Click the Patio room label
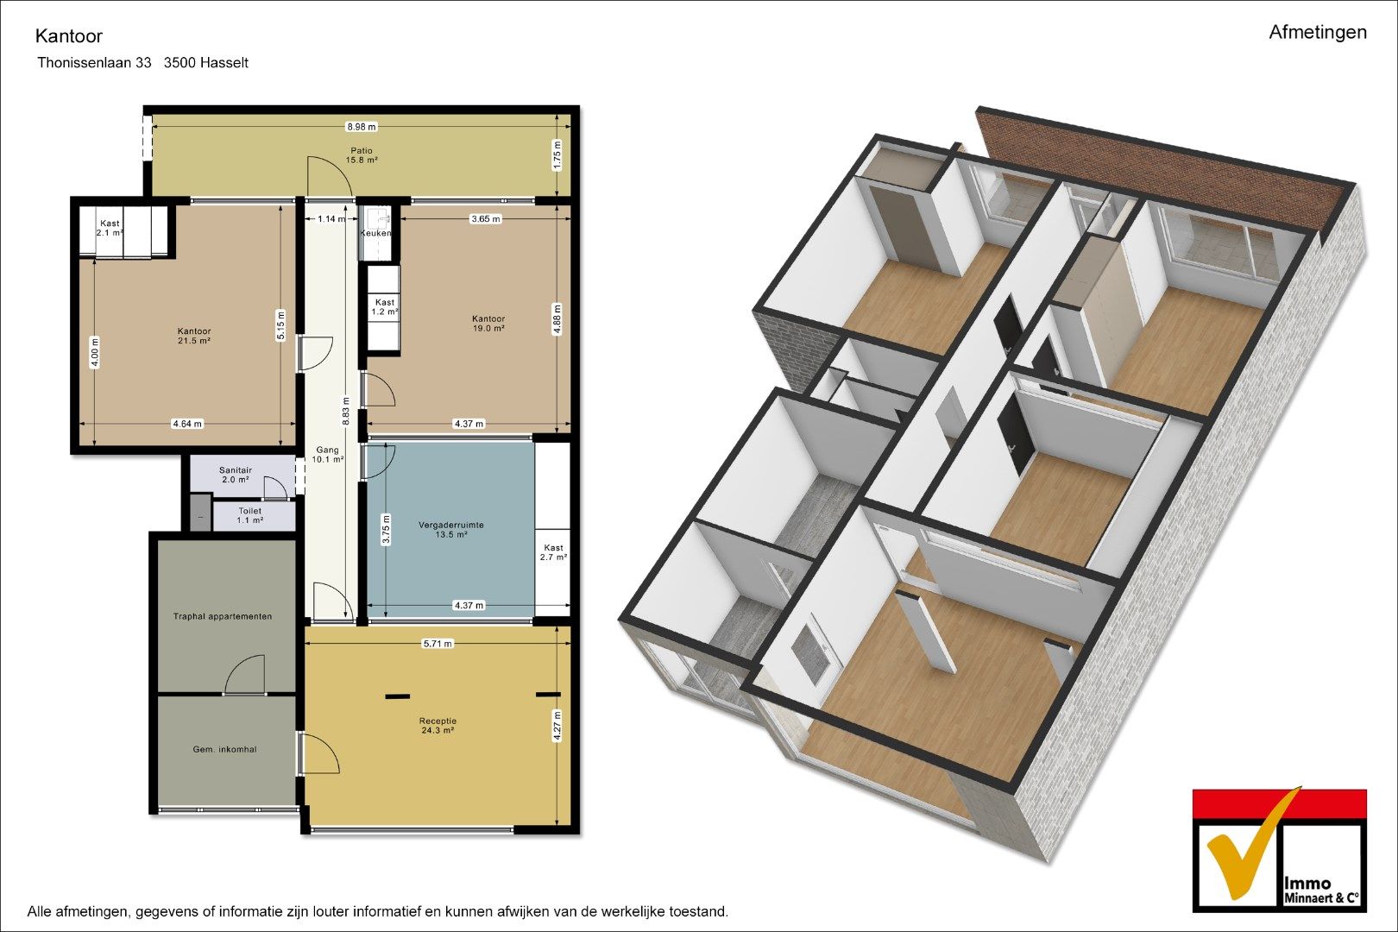[x=362, y=154]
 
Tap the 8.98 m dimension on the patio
[x=362, y=127]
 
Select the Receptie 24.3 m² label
[x=438, y=726]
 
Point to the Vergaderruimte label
[x=450, y=529]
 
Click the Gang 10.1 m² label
[x=328, y=455]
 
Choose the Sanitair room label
[x=236, y=475]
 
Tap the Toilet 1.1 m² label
[x=249, y=515]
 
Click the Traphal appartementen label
[x=222, y=616]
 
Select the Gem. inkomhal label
[x=224, y=749]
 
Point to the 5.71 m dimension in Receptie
[x=438, y=644]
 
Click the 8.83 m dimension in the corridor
[x=346, y=412]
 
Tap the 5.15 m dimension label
[x=280, y=325]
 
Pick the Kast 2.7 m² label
[x=553, y=551]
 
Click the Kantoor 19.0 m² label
[x=488, y=324]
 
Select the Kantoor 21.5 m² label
[x=193, y=336]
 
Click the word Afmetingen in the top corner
[x=1318, y=33]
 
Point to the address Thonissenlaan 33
[x=94, y=63]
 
